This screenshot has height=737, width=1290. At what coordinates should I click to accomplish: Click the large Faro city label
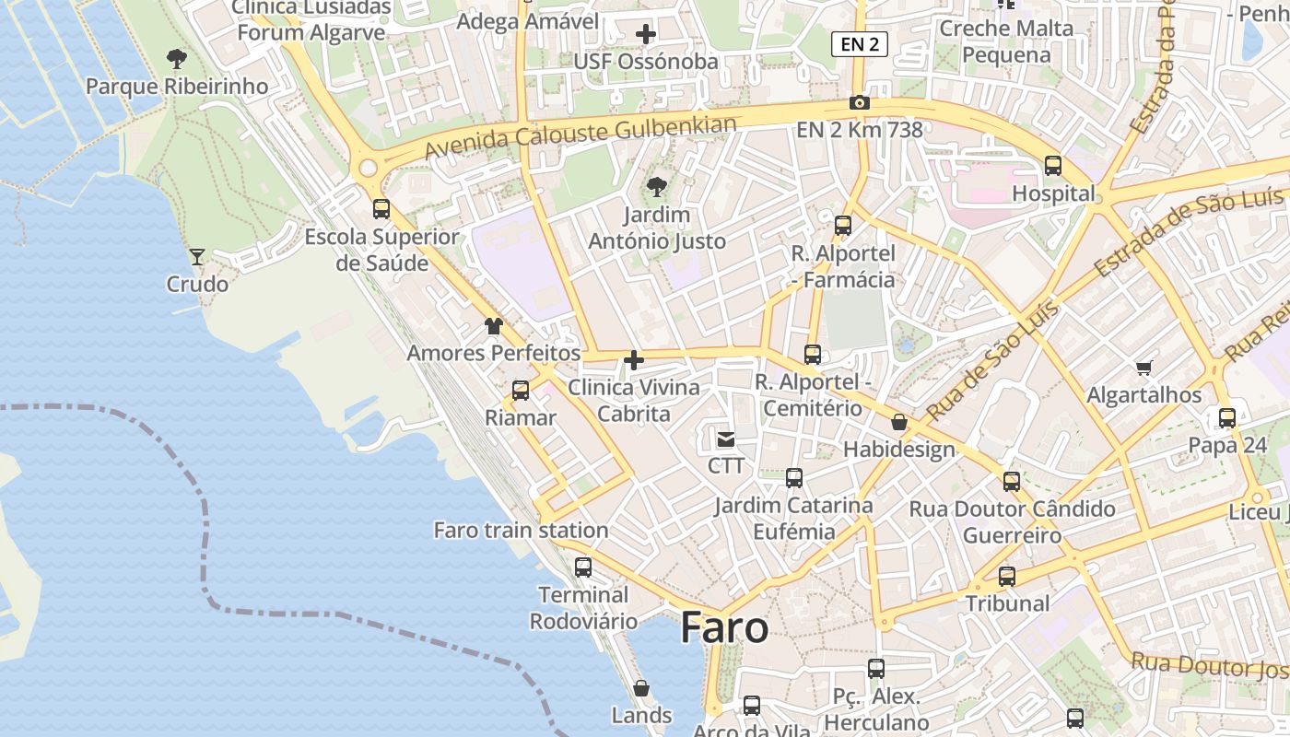click(x=724, y=628)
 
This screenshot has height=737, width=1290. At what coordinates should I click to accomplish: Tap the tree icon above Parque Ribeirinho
click(x=177, y=60)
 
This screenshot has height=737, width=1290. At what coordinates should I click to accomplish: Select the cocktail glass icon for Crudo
click(x=197, y=257)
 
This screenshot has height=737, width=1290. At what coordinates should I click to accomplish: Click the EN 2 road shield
click(x=859, y=43)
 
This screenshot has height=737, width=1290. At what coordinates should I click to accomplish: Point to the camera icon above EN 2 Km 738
click(x=859, y=102)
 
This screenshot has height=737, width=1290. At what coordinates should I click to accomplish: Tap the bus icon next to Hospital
click(x=1052, y=167)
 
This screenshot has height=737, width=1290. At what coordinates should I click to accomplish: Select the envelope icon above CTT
click(x=726, y=439)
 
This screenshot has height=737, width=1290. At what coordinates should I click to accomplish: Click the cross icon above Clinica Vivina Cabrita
click(x=634, y=360)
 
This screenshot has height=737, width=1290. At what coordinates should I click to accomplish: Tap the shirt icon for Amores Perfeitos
click(x=494, y=326)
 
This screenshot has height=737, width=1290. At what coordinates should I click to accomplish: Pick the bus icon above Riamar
click(x=521, y=391)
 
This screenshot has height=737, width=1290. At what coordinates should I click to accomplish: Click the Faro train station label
click(x=521, y=531)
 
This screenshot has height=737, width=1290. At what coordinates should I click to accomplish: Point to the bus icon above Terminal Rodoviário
click(x=582, y=567)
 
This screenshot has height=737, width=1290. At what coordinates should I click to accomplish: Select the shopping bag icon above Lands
click(x=641, y=688)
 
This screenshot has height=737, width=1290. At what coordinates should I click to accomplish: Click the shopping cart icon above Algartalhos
click(x=1143, y=368)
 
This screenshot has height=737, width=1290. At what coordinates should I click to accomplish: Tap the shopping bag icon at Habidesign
click(x=899, y=423)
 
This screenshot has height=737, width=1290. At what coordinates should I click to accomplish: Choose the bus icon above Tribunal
click(x=1007, y=577)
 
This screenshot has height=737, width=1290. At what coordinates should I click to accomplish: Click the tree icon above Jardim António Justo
click(x=657, y=188)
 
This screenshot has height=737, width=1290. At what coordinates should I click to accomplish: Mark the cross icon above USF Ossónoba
click(x=646, y=35)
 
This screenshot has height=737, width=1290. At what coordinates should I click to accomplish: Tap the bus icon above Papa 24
click(x=1226, y=418)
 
